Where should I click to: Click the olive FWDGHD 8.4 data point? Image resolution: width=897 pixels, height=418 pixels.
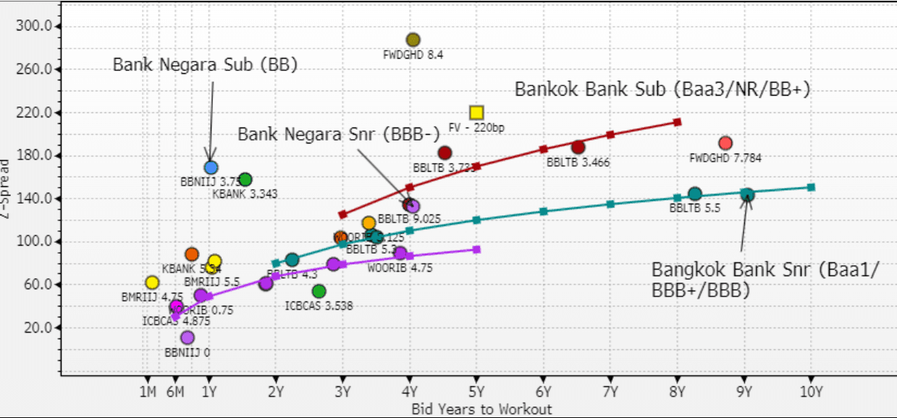coord(413,40)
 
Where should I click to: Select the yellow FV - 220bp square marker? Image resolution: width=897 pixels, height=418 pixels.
coord(476,112)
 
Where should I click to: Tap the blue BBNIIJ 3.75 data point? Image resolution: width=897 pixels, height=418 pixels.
coord(211,167)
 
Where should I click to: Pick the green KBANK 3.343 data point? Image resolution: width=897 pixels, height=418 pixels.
coord(245,179)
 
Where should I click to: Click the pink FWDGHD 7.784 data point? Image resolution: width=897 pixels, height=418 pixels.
coord(725,143)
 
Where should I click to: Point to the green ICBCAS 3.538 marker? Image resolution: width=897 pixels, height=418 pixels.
coord(319,291)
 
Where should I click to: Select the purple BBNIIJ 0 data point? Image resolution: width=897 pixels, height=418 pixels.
coord(188,338)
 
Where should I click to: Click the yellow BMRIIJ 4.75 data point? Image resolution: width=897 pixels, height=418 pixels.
coord(152,283)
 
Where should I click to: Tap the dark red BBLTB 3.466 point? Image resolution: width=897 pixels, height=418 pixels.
coord(578,147)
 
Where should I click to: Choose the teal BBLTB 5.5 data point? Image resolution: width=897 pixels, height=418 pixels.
coord(694,193)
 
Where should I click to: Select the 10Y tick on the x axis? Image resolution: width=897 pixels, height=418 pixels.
coord(810,392)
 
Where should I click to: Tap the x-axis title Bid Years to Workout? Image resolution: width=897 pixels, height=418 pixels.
coord(481,409)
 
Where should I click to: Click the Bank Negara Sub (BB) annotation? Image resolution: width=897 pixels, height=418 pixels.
coord(206,64)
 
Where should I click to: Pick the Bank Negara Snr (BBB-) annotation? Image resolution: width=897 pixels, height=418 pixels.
coord(338,133)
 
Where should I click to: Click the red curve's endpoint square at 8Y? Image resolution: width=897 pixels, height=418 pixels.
coord(677,122)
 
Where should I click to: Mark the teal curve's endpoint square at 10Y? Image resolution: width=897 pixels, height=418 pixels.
coord(811,187)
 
